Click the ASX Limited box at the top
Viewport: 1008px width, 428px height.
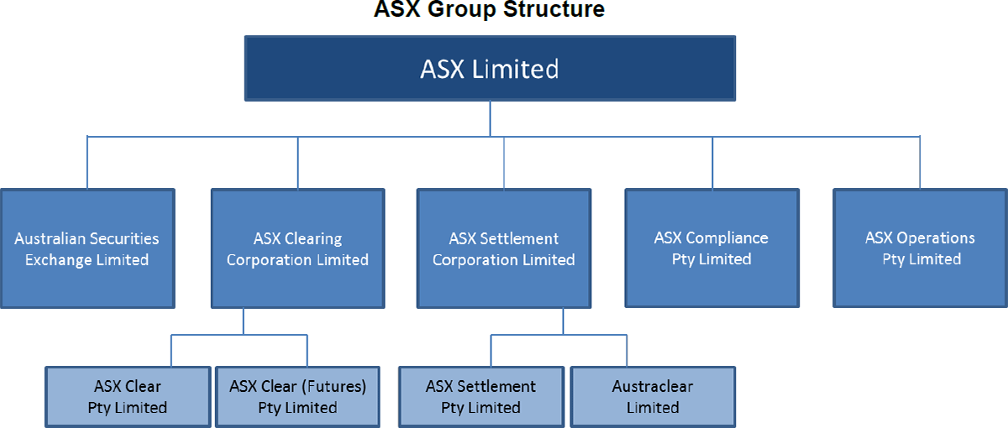click(490, 68)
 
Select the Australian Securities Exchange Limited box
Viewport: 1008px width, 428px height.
click(87, 248)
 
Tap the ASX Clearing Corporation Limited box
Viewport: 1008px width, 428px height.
click(297, 248)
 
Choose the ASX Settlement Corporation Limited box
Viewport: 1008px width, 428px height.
click(504, 248)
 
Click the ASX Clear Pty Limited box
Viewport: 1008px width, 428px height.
click(128, 396)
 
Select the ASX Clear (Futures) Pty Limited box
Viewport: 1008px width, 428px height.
click(297, 396)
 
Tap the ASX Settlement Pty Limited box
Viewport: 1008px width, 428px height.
click(480, 396)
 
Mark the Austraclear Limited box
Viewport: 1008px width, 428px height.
click(653, 396)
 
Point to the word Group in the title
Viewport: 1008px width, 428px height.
click(460, 10)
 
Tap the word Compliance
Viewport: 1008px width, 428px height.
click(726, 237)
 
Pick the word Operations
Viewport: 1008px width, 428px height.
click(935, 237)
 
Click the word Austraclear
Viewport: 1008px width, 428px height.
click(653, 387)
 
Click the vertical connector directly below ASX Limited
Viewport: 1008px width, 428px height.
click(490, 117)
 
